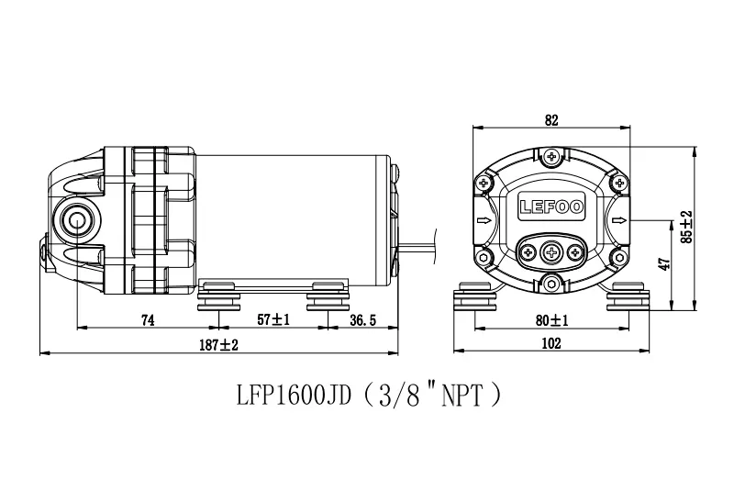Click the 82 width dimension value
tap(551, 120)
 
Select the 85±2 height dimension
tap(686, 227)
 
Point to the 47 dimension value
tap(663, 264)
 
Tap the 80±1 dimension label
tap(552, 320)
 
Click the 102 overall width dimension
tap(551, 343)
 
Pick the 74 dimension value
tap(148, 320)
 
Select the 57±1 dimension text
tap(273, 319)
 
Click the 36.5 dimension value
tap(362, 320)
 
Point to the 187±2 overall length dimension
tap(218, 345)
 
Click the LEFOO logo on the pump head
tap(551, 206)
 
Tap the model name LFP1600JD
tap(294, 396)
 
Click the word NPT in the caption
tap(462, 396)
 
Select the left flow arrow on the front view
tap(484, 220)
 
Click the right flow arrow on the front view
tap(619, 220)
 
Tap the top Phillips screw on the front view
tap(552, 156)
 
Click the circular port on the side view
tap(77, 219)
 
